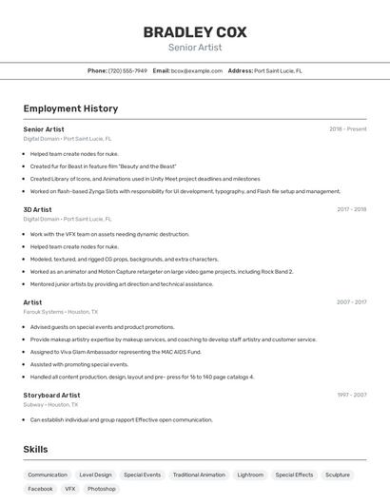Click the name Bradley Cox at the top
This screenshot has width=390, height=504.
coord(195,31)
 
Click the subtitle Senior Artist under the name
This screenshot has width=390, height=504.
coord(195,47)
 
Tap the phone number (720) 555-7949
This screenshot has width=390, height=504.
coord(127,70)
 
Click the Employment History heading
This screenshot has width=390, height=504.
coord(70,108)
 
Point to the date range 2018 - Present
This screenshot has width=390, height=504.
coord(348,129)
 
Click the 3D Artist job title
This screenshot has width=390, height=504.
coord(38,209)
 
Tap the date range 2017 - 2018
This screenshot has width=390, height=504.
coord(351,209)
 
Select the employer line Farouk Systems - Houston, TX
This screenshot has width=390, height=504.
coord(60,312)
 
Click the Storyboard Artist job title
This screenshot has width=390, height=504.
coord(51,395)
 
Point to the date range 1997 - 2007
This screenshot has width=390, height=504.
coord(351,395)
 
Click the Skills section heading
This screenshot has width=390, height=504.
coord(35,449)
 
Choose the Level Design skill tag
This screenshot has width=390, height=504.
coord(95,475)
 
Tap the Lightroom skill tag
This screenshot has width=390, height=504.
coord(250,475)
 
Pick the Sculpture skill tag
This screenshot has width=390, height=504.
coord(338,475)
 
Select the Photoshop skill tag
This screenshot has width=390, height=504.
coord(102,489)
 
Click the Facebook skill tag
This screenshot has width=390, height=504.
coord(41,489)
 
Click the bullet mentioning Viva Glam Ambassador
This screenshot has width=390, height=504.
coord(115,352)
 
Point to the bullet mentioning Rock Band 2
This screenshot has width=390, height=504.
coord(162,271)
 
